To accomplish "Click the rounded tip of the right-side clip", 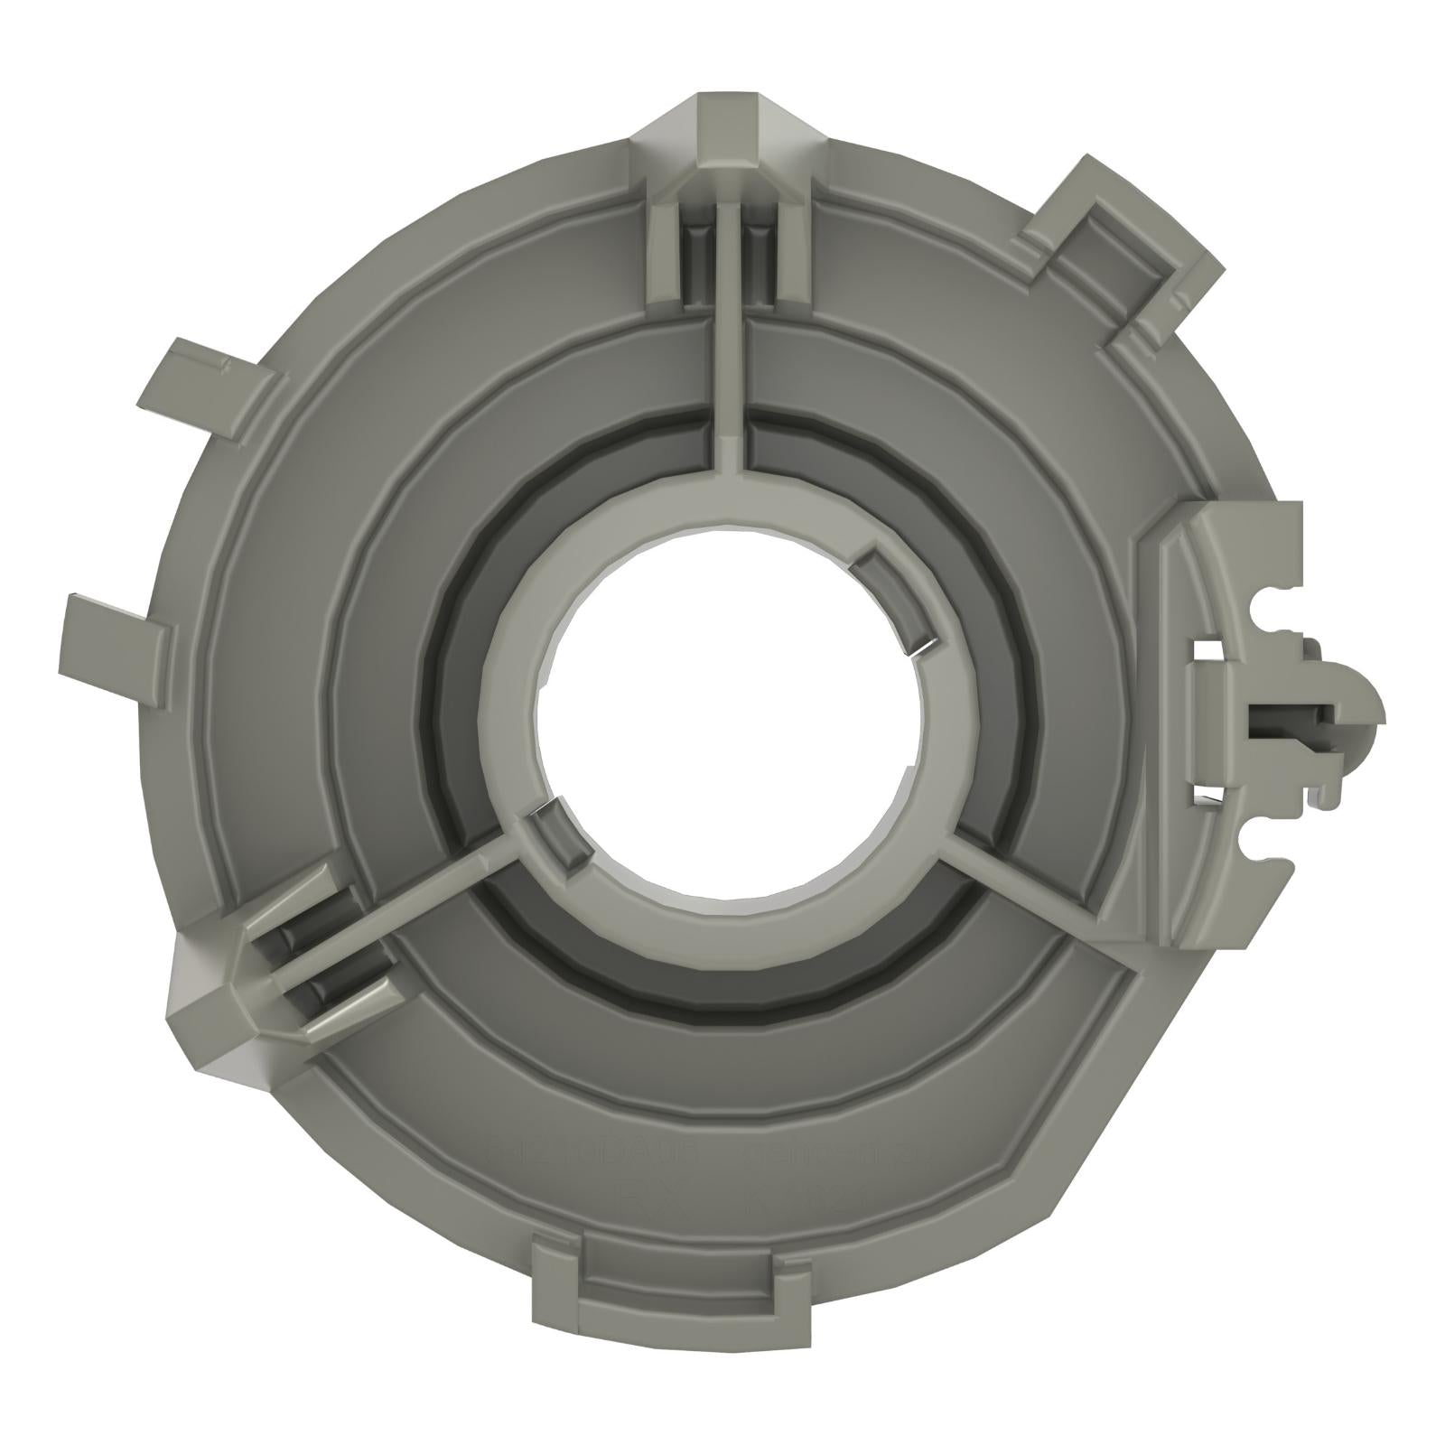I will [1364, 713].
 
